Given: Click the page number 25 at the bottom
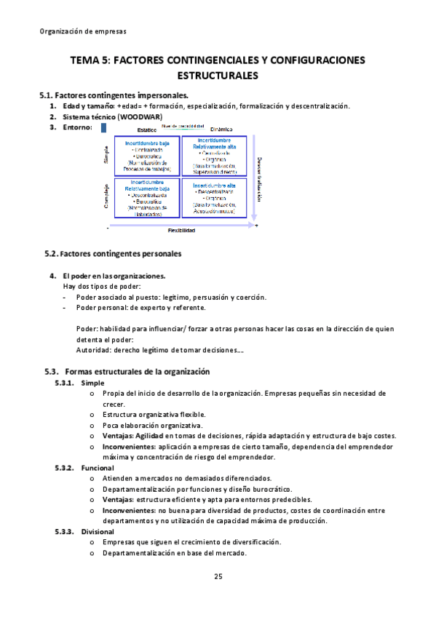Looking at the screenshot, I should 218,577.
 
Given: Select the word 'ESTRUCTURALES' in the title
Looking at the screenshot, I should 218,76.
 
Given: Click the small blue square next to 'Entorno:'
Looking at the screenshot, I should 104,127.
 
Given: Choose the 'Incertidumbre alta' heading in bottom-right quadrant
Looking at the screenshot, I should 215,186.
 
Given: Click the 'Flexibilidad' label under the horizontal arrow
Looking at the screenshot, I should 181,231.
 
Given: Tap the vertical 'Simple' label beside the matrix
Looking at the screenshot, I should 107,155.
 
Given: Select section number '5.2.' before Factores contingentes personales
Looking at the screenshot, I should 51,254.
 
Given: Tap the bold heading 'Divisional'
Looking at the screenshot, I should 98,531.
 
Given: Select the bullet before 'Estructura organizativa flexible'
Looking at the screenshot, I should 92,414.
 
